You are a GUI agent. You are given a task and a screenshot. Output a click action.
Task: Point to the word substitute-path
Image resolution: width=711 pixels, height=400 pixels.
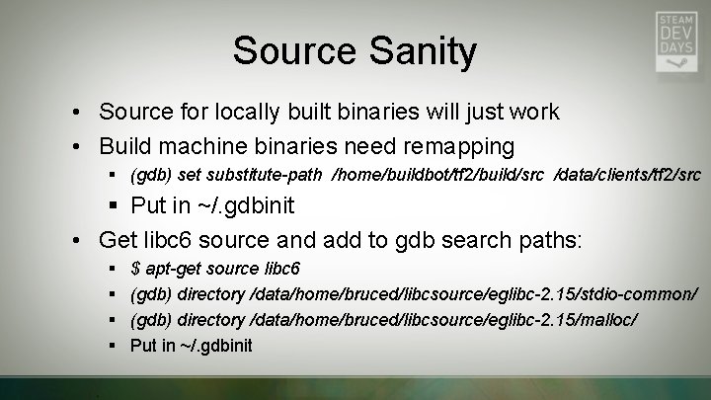click(x=269, y=176)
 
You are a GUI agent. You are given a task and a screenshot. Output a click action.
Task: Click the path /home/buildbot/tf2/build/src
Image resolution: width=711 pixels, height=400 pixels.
click(x=441, y=176)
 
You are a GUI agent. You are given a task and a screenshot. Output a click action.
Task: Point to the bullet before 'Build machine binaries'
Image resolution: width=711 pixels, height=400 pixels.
click(x=75, y=147)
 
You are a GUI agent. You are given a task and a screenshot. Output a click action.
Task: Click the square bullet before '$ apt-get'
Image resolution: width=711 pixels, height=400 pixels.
click(x=115, y=269)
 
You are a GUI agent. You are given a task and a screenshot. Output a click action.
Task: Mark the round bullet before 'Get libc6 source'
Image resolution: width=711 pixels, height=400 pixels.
click(x=75, y=239)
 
